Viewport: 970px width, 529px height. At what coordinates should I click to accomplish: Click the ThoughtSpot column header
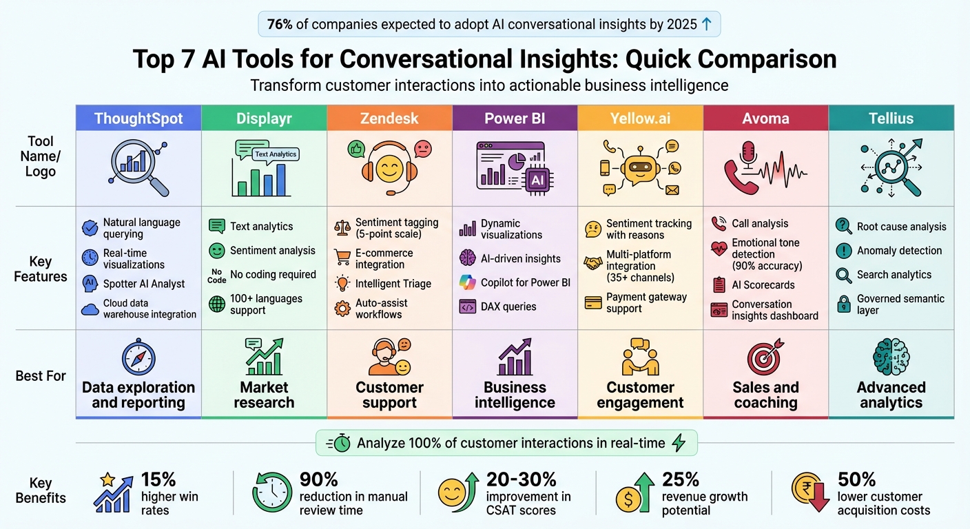click(138, 118)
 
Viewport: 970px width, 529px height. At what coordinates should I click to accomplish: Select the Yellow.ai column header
click(640, 118)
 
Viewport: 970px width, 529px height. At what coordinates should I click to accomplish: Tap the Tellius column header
click(891, 118)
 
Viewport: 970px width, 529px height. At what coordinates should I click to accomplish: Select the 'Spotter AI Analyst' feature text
click(144, 284)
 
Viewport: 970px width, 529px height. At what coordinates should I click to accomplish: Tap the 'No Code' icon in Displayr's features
click(216, 276)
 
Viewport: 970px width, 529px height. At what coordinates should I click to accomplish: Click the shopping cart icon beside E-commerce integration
click(342, 258)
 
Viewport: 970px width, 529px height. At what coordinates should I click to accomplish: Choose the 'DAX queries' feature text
click(508, 307)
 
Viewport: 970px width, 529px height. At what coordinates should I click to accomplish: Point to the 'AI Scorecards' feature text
click(763, 285)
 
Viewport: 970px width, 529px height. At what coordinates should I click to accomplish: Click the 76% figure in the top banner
click(280, 25)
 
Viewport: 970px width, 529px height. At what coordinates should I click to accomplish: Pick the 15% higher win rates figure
click(159, 479)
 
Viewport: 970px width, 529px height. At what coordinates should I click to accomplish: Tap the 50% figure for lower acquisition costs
click(856, 479)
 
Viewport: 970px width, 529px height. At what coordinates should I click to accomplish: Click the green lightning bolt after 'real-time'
click(679, 443)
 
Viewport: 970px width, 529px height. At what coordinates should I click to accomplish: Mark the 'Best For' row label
click(41, 376)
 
